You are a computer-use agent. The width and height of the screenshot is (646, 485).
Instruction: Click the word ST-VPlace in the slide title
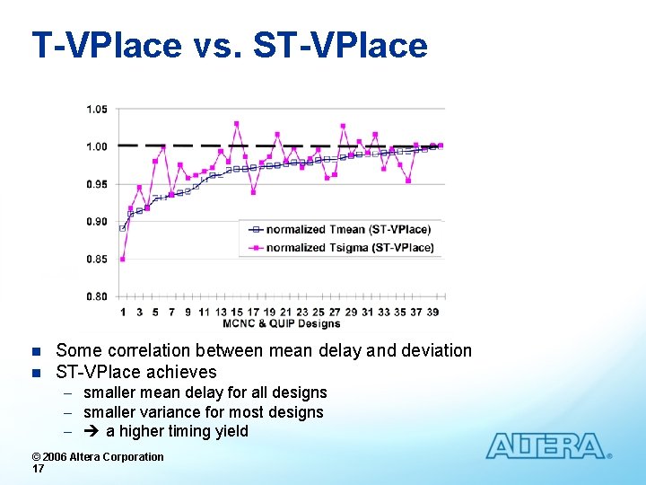point(341,45)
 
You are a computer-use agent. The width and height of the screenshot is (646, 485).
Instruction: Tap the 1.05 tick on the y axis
point(97,110)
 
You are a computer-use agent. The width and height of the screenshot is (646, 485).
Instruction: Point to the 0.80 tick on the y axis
point(97,296)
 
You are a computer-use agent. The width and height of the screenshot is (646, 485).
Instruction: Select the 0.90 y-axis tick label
point(97,222)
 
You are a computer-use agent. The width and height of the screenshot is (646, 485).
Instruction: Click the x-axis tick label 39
point(433,312)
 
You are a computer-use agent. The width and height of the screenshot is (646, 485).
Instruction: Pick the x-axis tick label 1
point(123,312)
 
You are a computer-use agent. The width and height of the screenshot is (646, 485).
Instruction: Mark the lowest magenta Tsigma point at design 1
point(123,259)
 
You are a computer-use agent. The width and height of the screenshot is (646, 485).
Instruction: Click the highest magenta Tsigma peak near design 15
point(237,124)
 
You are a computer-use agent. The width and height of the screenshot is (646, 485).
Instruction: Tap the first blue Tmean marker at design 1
point(123,228)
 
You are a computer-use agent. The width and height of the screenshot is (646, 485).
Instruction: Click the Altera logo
point(547,446)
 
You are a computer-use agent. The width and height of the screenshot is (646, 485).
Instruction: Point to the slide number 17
point(39,469)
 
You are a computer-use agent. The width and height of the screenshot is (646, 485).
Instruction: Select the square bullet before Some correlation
point(36,351)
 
